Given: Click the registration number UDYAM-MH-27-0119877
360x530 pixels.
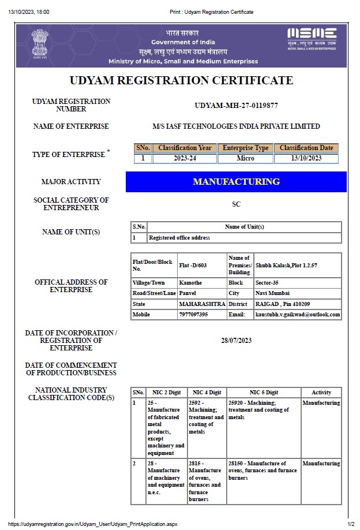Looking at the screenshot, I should pos(237,105).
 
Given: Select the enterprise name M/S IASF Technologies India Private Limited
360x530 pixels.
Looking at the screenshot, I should pos(236,126).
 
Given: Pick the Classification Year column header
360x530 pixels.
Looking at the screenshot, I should pos(185,148).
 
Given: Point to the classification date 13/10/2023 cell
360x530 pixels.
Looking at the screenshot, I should pos(306,158).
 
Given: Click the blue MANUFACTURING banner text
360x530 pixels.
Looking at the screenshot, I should pos(236,182).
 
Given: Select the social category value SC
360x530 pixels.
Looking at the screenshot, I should pos(236,204).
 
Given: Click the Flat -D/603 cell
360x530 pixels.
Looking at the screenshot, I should pos(193,265).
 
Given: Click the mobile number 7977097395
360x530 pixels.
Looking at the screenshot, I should pos(193,315).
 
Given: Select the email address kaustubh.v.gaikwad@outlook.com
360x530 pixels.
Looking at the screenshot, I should pos(297,315).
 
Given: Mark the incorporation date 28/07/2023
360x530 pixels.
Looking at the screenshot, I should pos(236,341).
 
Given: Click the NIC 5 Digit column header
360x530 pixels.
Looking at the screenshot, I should pos(264,393).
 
